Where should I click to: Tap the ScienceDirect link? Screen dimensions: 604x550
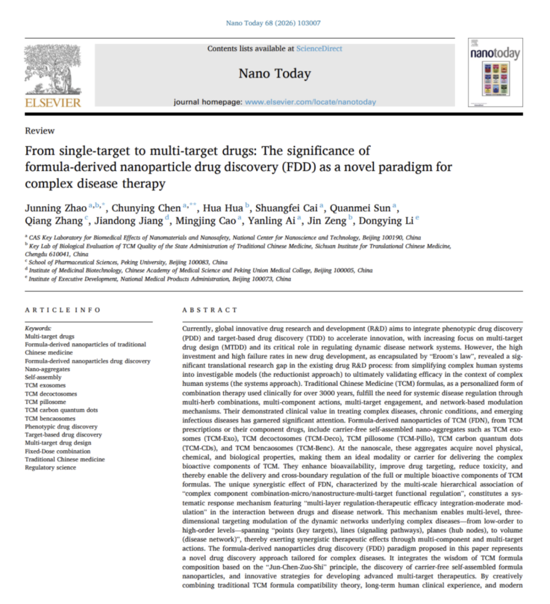point(319,49)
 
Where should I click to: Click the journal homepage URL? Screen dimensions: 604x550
point(310,102)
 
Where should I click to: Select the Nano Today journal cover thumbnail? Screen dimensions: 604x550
point(495,73)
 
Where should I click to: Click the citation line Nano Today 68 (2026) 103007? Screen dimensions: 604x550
point(273,23)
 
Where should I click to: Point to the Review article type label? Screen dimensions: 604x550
point(40,131)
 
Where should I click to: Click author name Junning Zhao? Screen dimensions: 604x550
point(56,208)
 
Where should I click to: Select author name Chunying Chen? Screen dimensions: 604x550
point(146,208)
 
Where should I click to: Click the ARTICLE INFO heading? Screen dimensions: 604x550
point(63,310)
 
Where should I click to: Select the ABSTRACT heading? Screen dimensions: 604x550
point(210,310)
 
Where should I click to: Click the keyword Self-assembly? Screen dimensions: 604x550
point(43,377)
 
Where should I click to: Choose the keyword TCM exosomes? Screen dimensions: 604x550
point(45,386)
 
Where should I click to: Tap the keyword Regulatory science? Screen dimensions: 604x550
point(50,468)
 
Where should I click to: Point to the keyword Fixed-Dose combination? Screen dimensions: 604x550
point(58,451)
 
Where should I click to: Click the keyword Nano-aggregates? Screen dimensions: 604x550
point(47,369)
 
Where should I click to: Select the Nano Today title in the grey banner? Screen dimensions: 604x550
point(274,74)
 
